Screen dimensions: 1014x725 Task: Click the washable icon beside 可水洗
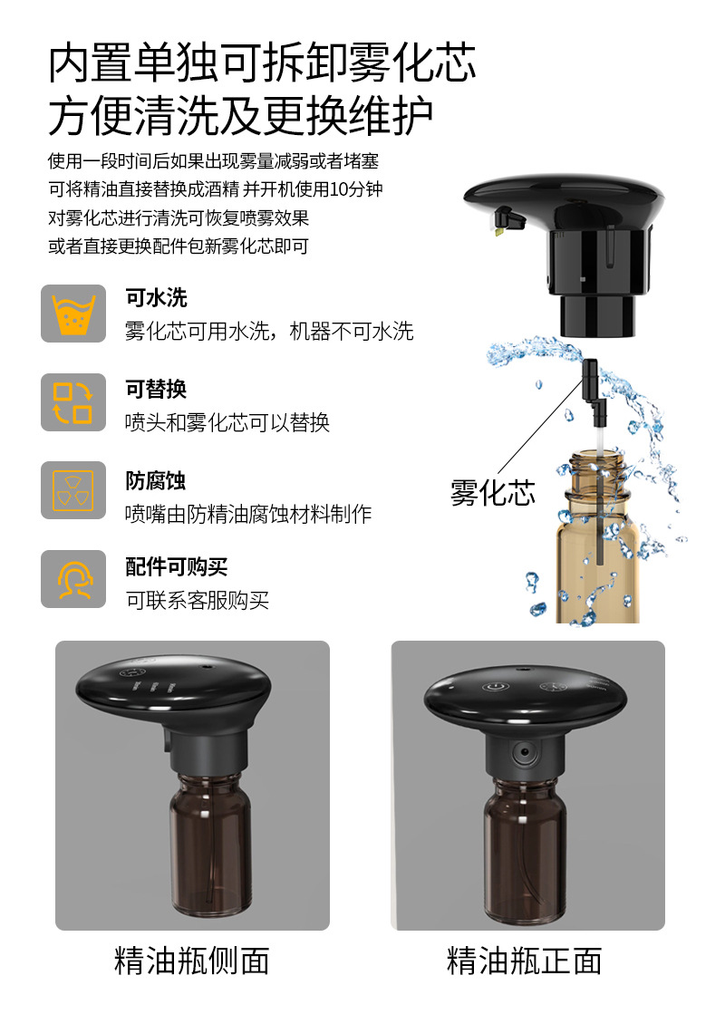[73, 314]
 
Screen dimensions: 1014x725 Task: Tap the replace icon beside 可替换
[73, 401]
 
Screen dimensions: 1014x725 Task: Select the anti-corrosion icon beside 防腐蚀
[73, 490]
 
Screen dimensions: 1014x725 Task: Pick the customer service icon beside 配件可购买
[73, 579]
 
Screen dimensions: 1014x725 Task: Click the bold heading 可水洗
[156, 298]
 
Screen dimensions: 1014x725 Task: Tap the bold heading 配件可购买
[176, 567]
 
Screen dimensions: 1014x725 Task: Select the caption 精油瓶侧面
[192, 961]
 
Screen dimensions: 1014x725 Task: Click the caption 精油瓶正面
[525, 961]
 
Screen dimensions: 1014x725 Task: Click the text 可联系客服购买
[198, 600]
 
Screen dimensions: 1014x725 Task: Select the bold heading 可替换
[156, 389]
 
